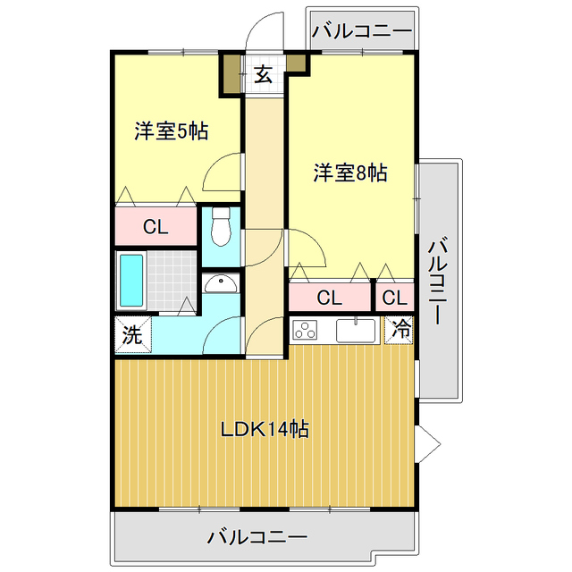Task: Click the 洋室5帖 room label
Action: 172,131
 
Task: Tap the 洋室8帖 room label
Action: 349,173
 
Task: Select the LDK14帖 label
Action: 265,429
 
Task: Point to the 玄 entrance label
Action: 263,75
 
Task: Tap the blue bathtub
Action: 130,279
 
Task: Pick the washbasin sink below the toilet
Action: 220,283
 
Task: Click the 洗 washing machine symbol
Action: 131,336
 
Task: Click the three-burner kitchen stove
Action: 307,330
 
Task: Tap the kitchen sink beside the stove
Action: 358,330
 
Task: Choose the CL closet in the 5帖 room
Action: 156,227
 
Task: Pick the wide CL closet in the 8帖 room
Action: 329,298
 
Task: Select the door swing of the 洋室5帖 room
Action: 222,173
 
